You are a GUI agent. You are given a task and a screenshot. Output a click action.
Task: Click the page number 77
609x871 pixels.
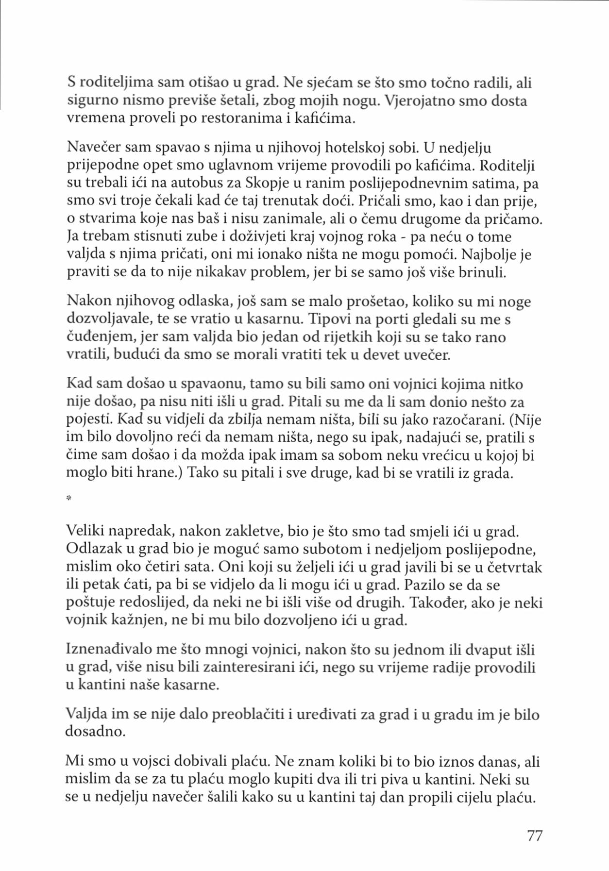coord(534,836)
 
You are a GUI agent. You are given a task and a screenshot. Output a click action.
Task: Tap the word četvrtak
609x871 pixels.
coord(514,567)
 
